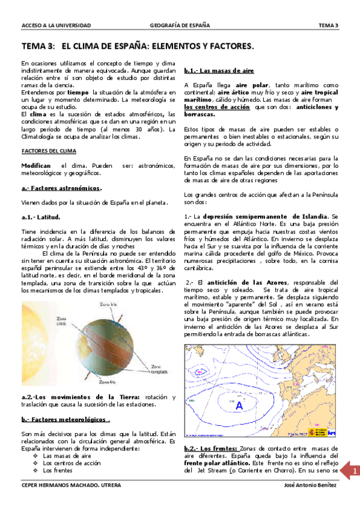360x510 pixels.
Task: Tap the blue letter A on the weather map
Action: [239, 406]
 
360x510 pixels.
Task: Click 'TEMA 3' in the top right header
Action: [328, 25]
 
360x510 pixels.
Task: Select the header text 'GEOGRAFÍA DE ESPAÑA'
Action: [180, 25]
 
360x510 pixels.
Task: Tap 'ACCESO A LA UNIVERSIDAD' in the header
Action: [56, 25]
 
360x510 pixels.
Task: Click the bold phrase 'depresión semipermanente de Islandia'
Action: [265, 216]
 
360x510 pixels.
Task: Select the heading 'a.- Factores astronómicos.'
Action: [61, 188]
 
